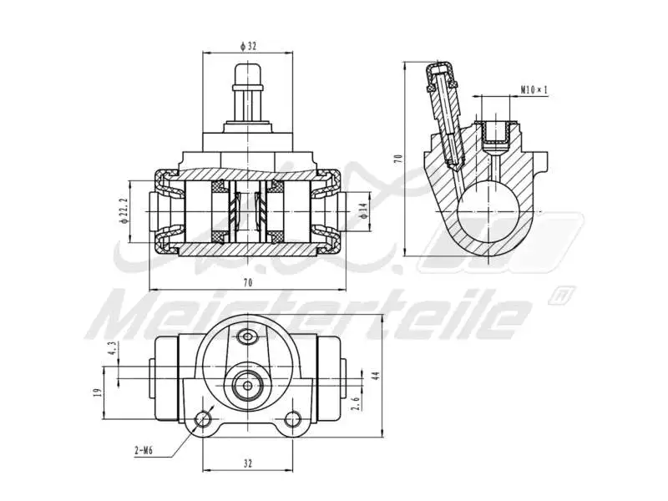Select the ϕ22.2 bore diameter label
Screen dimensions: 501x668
tap(124, 212)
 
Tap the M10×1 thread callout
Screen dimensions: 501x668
tap(533, 89)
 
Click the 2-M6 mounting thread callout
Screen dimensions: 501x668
tap(143, 451)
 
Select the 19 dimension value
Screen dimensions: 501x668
tap(99, 392)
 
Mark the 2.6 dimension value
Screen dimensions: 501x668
tap(356, 403)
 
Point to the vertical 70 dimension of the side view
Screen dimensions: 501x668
tap(399, 158)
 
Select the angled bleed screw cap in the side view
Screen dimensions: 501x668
tap(438, 77)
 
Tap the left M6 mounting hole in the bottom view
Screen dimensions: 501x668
tap(202, 420)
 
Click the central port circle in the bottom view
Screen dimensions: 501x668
tap(246, 385)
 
